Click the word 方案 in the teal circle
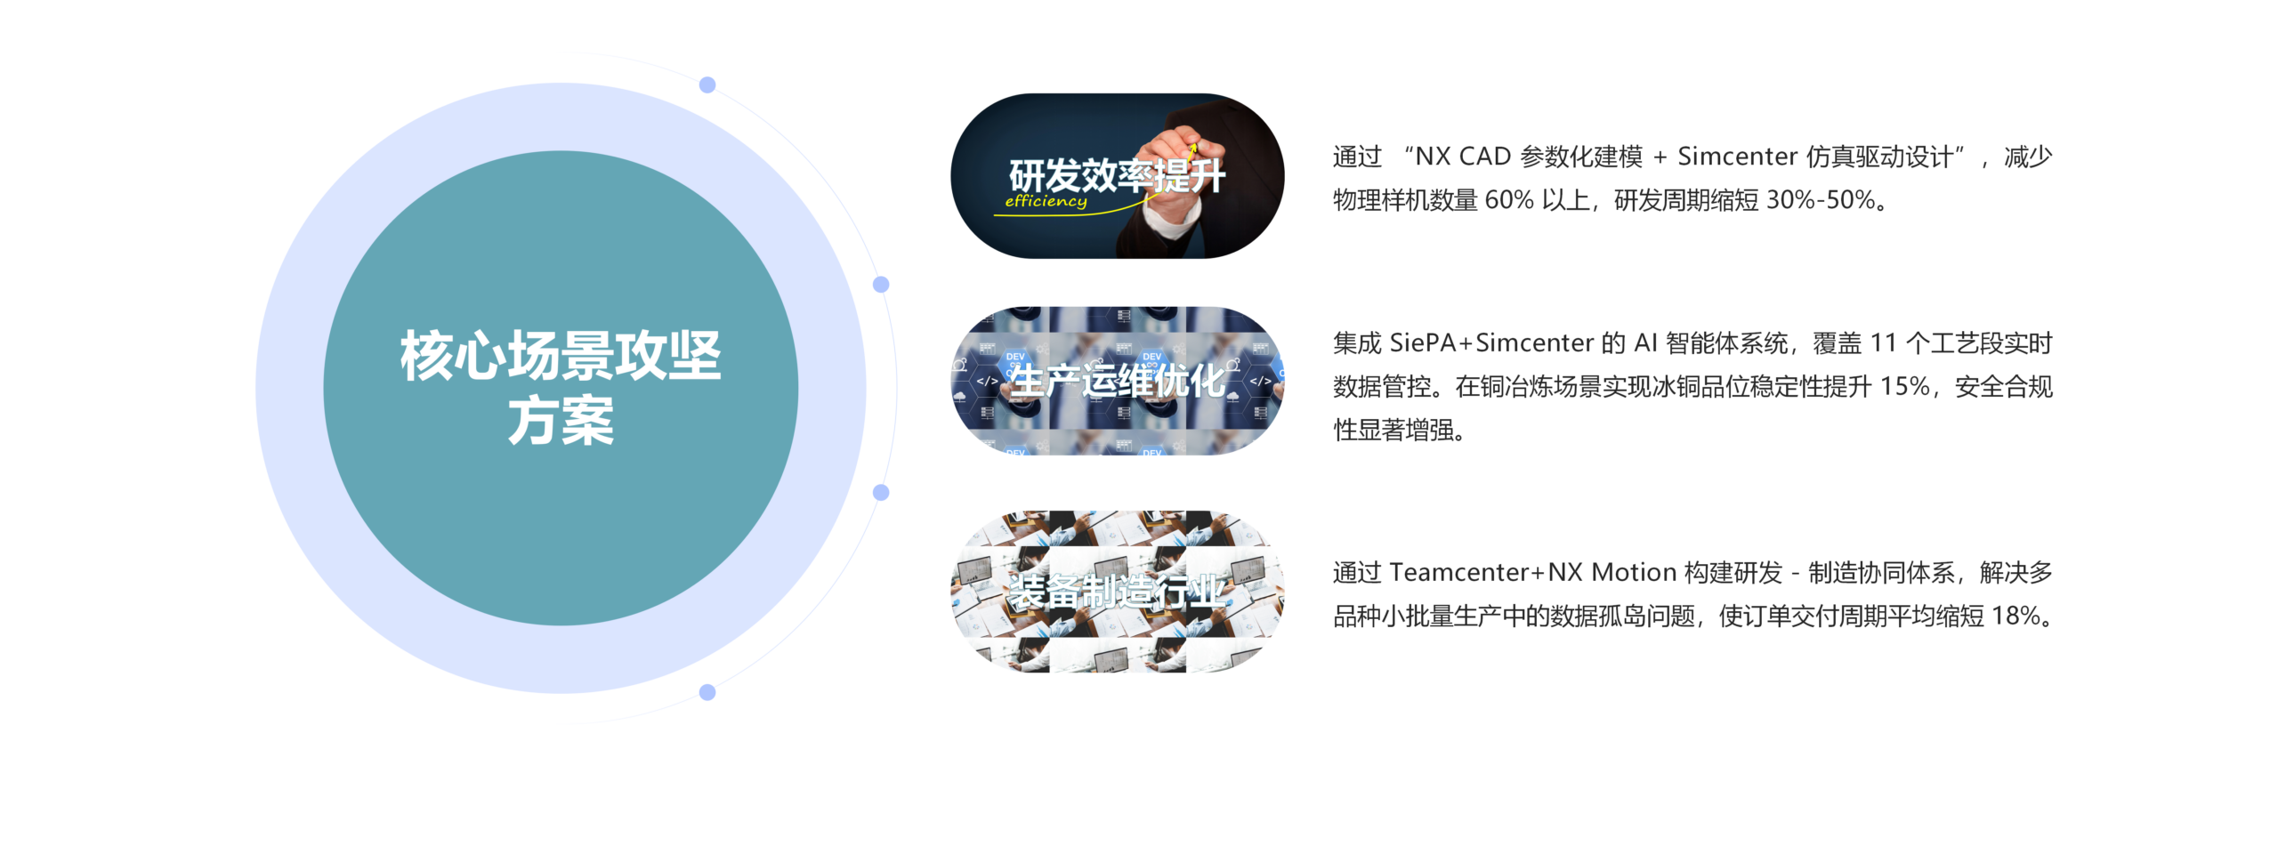coord(561,421)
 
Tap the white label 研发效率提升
coord(1117,175)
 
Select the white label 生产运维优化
coord(1117,381)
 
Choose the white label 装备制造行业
coord(1117,592)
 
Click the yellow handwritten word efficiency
coord(1046,201)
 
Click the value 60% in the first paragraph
coord(1509,200)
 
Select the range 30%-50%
coord(1821,200)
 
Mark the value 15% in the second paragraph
coord(1904,387)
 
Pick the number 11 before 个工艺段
coord(1883,343)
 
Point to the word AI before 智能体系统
coord(1645,343)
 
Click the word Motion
coord(1634,572)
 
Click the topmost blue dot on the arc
coord(707,85)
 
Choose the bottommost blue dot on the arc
coord(707,692)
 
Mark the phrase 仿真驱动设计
coord(1879,157)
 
